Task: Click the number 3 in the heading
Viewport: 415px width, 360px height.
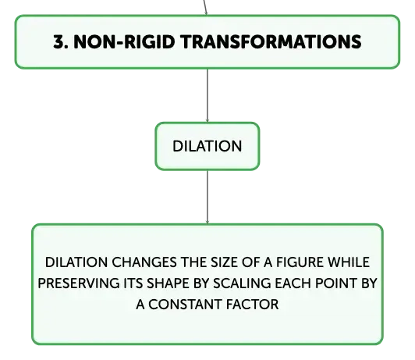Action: click(x=59, y=41)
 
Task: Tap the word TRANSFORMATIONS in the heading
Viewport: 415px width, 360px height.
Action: click(x=271, y=41)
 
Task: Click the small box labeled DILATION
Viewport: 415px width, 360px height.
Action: click(x=207, y=146)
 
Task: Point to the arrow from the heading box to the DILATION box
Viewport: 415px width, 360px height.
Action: click(x=207, y=95)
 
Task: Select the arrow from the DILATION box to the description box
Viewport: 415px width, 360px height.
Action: click(x=207, y=197)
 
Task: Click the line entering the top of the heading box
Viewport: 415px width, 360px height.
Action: click(x=205, y=7)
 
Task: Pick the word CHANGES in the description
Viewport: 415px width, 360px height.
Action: click(x=144, y=262)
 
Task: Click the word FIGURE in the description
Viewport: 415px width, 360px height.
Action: click(x=300, y=262)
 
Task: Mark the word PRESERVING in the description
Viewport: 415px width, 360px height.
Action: click(x=79, y=283)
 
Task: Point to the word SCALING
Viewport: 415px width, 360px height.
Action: click(x=242, y=283)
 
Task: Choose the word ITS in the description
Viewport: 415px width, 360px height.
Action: click(x=133, y=283)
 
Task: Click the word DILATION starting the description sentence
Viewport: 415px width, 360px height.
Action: click(x=76, y=262)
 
